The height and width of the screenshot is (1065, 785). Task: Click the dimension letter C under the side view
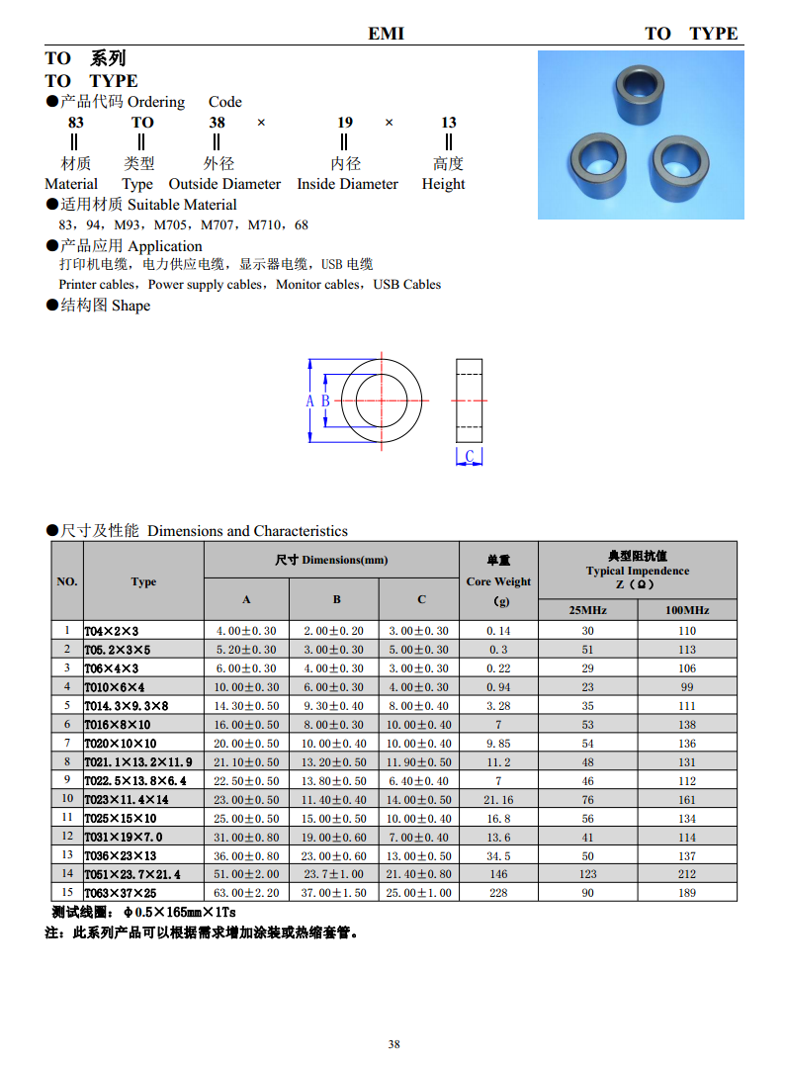pos(470,456)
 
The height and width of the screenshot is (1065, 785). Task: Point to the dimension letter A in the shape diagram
pos(309,400)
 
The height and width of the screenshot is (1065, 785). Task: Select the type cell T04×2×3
pos(112,631)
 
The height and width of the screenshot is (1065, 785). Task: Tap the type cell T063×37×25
pos(121,893)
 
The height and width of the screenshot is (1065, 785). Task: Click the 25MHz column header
pos(587,610)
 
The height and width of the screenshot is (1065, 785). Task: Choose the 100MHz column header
pos(687,610)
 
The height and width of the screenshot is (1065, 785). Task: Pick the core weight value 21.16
pos(498,800)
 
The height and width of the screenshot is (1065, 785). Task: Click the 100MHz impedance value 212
pos(687,874)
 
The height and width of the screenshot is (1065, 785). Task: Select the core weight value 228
pos(498,893)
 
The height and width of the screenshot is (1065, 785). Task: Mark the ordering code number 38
pos(218,123)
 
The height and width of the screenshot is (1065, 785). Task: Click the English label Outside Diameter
pos(224,184)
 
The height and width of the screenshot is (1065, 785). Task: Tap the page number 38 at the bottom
pos(393,1045)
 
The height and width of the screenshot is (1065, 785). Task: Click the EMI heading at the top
pos(387,34)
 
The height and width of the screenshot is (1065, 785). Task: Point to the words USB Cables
pos(407,285)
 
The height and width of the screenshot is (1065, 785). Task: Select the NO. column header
pos(67,581)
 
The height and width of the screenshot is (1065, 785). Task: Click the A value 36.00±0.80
pos(246,855)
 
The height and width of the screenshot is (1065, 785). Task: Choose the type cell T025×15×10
pos(121,819)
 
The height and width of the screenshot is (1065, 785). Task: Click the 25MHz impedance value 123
pos(587,874)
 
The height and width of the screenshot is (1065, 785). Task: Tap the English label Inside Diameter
pos(347,184)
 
